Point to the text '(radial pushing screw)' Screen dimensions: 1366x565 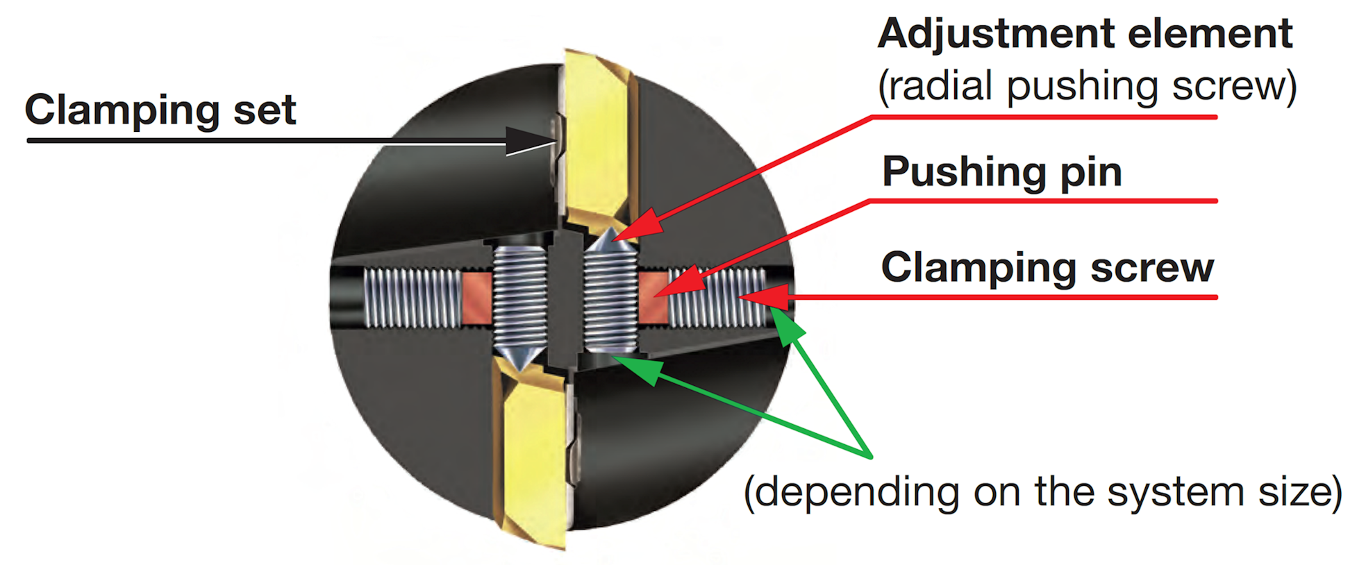[1088, 87]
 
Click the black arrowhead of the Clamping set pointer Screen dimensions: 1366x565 [532, 141]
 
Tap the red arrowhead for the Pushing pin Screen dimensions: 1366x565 [678, 285]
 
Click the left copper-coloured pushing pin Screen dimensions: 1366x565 [477, 297]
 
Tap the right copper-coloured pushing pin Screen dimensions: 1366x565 [653, 298]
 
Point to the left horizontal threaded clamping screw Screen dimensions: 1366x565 [413, 298]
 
